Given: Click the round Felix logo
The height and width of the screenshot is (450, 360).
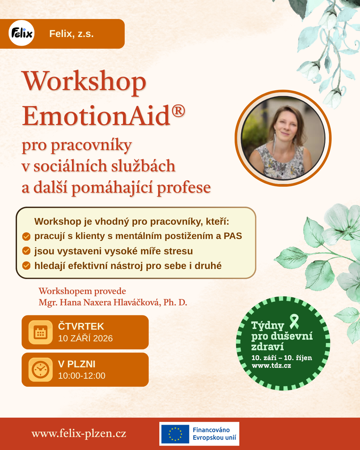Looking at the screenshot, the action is click(x=22, y=33).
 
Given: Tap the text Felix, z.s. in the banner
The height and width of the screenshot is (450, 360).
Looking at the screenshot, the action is click(x=71, y=34).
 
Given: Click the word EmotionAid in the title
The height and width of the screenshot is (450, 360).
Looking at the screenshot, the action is click(x=96, y=116).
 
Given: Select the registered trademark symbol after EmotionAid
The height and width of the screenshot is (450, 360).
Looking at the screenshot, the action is click(x=178, y=111).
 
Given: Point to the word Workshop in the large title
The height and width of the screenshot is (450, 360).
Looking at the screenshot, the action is click(x=84, y=82).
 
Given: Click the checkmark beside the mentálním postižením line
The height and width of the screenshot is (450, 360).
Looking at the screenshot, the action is click(x=26, y=237).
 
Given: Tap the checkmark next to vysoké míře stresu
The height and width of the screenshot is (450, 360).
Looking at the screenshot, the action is click(x=26, y=251).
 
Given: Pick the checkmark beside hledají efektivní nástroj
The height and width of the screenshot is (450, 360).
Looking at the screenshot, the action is click(x=26, y=266).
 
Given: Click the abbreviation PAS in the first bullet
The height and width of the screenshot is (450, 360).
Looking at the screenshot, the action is click(x=233, y=236).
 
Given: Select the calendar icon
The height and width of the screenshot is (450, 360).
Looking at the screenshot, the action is click(x=40, y=332).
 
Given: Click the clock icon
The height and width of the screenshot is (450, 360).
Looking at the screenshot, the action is click(x=40, y=369).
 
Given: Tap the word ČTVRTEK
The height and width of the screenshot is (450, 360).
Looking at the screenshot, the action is click(x=81, y=326).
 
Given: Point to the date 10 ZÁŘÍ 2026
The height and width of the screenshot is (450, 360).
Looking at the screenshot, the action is click(x=85, y=338).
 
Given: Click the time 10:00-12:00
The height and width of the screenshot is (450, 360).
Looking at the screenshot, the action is click(x=82, y=376).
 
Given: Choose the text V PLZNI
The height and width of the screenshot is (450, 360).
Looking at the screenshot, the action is click(x=77, y=364).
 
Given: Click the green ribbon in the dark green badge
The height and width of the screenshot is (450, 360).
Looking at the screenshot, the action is click(x=294, y=321).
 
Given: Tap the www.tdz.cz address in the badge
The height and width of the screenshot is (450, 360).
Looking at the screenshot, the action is click(x=271, y=366).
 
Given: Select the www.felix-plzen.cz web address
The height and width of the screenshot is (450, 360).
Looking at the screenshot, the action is click(x=79, y=433).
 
